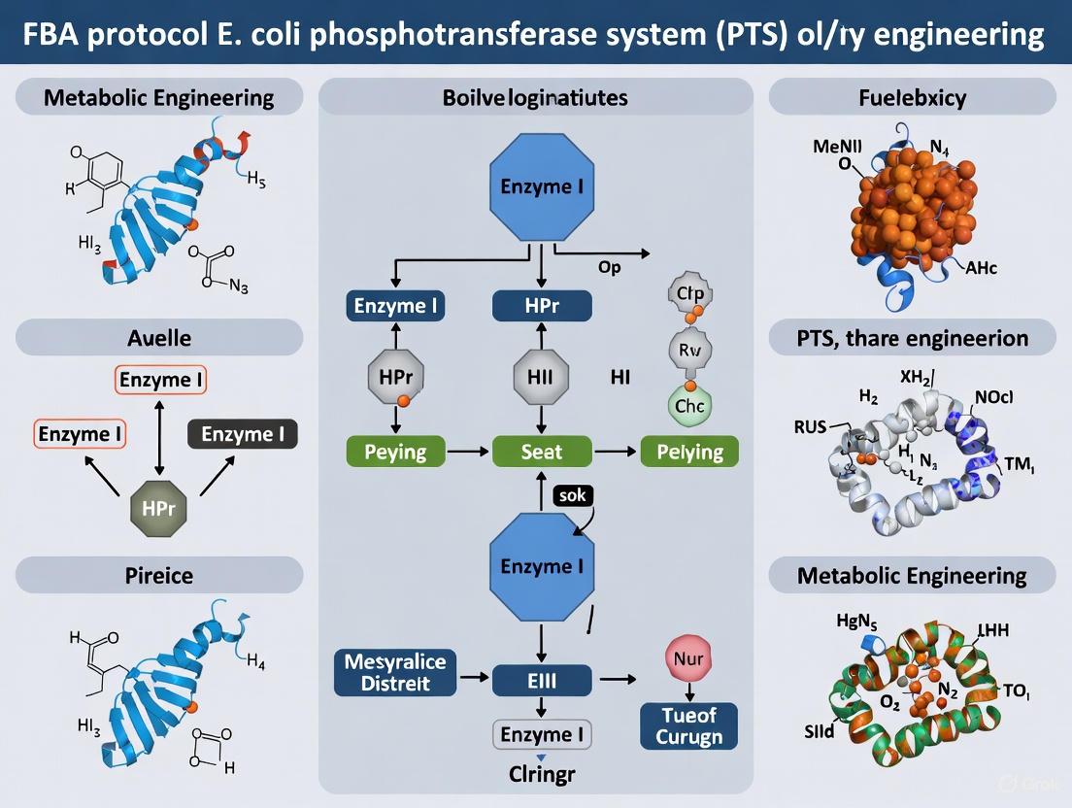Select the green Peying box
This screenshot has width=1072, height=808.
click(x=395, y=452)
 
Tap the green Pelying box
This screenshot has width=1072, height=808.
click(x=689, y=452)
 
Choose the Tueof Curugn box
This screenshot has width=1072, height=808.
click(x=688, y=725)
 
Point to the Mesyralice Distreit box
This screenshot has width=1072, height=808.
click(x=394, y=672)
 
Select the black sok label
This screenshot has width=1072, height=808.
click(x=572, y=496)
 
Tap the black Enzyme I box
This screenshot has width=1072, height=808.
click(x=249, y=434)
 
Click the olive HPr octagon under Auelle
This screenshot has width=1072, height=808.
click(x=158, y=509)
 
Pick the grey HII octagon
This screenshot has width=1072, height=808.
click(x=541, y=377)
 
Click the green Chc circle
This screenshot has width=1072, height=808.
click(x=689, y=406)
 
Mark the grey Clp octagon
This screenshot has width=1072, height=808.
click(x=689, y=292)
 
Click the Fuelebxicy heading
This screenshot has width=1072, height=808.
click(x=912, y=98)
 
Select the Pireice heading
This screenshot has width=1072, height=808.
click(x=160, y=575)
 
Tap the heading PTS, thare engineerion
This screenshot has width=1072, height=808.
click(x=912, y=339)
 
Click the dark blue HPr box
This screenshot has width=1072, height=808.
click(x=542, y=306)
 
